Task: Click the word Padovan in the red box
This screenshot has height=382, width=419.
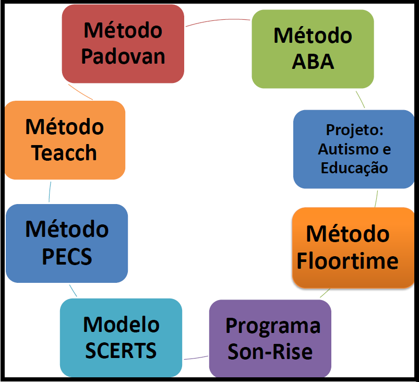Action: (x=123, y=57)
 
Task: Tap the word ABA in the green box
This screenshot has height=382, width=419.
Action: (x=313, y=62)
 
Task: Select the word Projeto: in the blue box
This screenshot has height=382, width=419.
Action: (x=355, y=130)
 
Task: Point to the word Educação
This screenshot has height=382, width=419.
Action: (x=354, y=169)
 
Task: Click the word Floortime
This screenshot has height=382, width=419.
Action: (x=348, y=261)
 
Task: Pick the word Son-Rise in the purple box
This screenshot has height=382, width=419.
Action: (x=270, y=352)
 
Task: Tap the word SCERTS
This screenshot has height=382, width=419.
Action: (x=121, y=351)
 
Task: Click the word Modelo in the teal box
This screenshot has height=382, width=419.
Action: (x=122, y=325)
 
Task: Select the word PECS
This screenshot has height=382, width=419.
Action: (x=67, y=257)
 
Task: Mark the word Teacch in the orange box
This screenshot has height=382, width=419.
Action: (x=64, y=152)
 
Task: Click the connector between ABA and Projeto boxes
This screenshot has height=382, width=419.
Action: (x=360, y=100)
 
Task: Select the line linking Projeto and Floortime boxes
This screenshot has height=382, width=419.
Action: (x=376, y=199)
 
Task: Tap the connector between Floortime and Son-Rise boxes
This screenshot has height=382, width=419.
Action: (x=325, y=293)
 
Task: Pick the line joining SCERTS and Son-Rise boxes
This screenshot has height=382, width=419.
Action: (x=196, y=358)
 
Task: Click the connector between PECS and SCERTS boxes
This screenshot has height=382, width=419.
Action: (x=73, y=291)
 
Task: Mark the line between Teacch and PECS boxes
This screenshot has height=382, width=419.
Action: (x=50, y=192)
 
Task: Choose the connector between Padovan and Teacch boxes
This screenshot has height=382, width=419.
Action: (x=80, y=92)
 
